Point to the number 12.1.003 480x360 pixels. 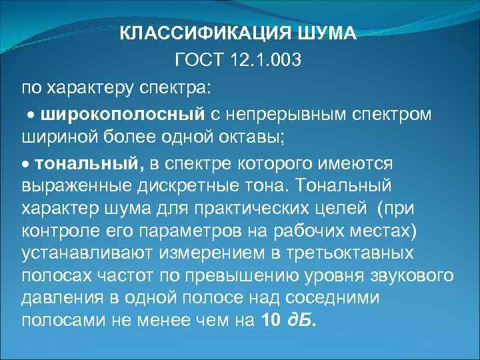tap(268, 61)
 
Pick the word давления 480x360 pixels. tap(57, 299)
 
